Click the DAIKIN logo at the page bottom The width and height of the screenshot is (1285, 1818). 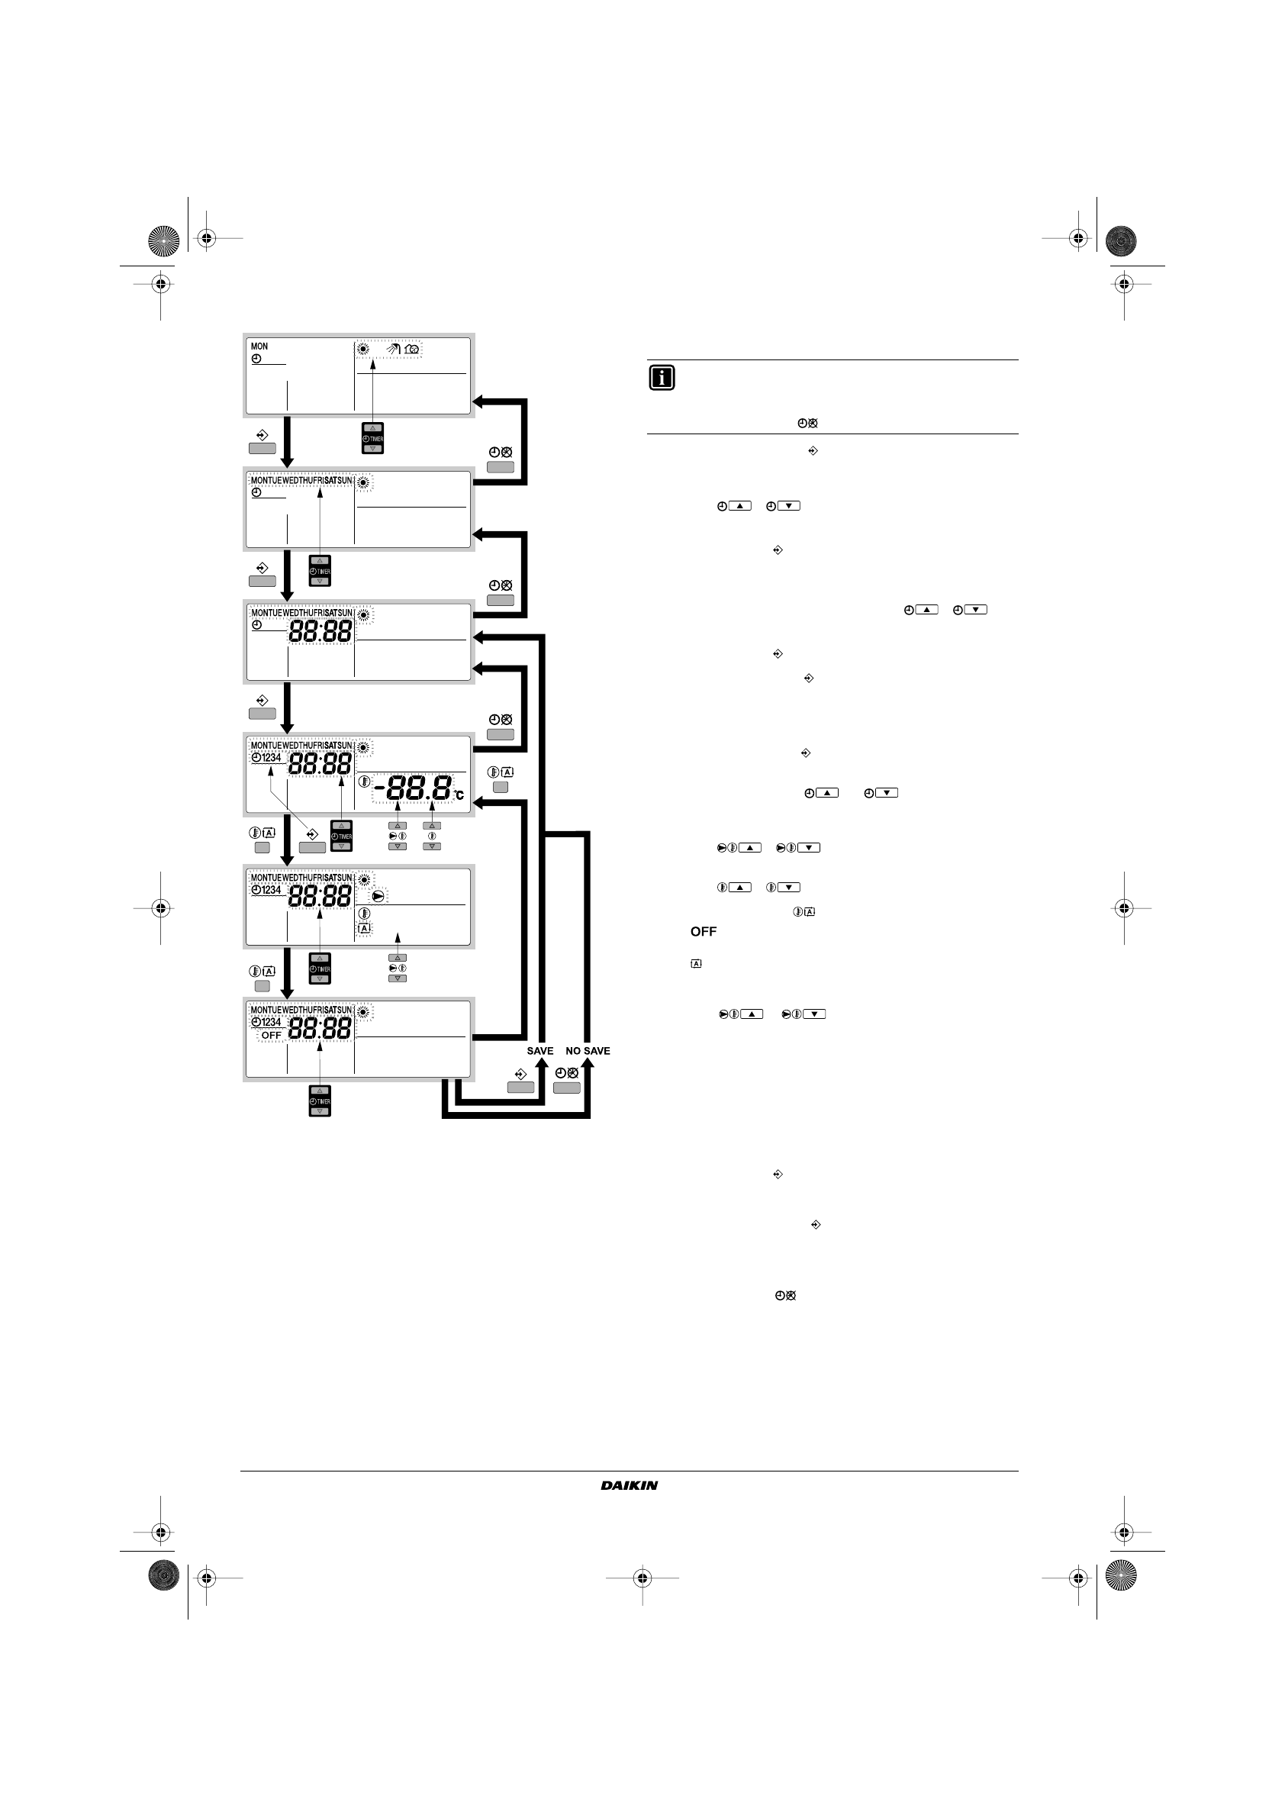pos(629,1485)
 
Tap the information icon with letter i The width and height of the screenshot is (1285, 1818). pos(661,378)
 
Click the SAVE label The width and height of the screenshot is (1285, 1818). pos(540,1051)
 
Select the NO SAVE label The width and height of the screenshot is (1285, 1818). pos(588,1051)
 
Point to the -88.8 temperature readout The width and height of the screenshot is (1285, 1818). pos(413,788)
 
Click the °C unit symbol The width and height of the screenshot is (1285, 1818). pos(459,795)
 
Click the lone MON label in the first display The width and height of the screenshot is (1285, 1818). pos(259,346)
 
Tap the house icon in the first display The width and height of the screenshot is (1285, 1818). pos(412,348)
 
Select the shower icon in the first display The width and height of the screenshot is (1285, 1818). pos(394,348)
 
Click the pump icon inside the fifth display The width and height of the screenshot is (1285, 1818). pos(378,896)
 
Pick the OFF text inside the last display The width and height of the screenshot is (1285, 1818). pos(272,1035)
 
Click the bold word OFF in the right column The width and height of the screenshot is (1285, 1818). pos(703,931)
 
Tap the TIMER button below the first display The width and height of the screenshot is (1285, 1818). pos(372,439)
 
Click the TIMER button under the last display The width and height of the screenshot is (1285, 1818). pos(319,1101)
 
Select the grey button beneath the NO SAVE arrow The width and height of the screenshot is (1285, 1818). pos(567,1088)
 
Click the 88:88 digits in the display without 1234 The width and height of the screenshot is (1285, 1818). pos(320,631)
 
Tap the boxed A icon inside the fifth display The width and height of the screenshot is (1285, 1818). pos(364,928)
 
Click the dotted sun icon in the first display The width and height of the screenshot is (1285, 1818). pos(363,348)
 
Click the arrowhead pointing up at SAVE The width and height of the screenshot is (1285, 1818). pos(542,1063)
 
